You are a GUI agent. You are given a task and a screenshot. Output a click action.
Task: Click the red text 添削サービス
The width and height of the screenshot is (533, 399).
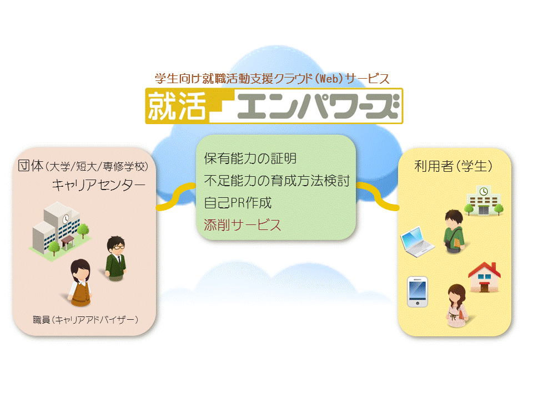[x=243, y=224]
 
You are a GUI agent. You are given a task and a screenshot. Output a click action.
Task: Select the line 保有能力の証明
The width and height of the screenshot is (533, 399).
[x=250, y=158]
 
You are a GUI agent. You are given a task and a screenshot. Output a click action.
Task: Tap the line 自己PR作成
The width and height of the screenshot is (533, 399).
[x=238, y=203]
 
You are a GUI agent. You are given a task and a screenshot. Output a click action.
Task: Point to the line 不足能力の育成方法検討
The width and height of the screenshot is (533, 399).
[x=276, y=181]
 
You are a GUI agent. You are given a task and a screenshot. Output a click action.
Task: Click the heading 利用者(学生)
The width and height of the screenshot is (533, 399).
[x=453, y=166]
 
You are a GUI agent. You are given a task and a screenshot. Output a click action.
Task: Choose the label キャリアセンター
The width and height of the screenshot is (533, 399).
[x=99, y=185]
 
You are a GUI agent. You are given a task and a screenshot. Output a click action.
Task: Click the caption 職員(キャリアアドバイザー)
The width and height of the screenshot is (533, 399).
[x=86, y=320]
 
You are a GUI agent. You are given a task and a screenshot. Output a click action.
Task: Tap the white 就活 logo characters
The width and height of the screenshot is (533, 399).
[x=177, y=106]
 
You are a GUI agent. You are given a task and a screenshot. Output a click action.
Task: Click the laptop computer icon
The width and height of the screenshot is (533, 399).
[x=417, y=242]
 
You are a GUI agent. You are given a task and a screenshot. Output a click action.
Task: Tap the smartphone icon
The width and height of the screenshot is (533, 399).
[x=418, y=292]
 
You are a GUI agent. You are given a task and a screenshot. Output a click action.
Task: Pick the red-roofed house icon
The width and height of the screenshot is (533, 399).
[x=484, y=277]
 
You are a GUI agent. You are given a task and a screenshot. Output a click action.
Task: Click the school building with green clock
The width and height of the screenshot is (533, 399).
[x=484, y=201]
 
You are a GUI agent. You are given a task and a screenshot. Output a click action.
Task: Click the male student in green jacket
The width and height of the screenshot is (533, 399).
[x=454, y=232]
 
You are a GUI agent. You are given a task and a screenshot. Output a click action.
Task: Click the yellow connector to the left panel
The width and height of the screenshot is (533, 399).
[x=176, y=197]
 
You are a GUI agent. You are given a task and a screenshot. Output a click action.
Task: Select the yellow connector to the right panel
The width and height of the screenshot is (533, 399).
[x=378, y=196]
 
